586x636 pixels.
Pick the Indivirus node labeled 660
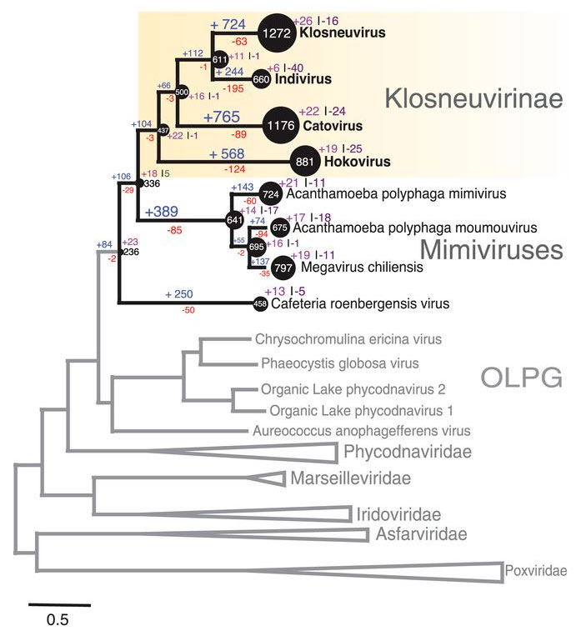tap(261, 79)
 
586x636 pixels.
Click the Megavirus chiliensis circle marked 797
tap(283, 268)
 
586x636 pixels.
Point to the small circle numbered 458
tap(260, 305)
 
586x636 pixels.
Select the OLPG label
tap(522, 379)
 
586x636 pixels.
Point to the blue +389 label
tap(163, 213)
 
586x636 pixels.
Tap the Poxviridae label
tap(535, 571)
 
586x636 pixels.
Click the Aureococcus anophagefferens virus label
tap(361, 431)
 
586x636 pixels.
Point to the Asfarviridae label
tap(421, 533)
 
